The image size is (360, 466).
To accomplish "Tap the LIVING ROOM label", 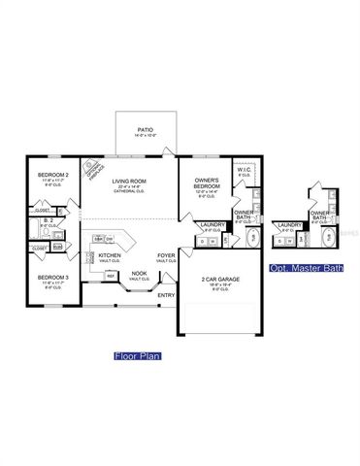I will pos(128,182).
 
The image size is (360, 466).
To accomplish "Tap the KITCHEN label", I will pos(110,256).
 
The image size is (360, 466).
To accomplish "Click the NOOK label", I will pos(139,273).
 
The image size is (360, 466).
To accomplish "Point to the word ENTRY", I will pos(166,295).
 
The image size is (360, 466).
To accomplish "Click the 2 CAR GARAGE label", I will pos(220,280).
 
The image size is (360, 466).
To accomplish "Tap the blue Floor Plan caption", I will pos(137,355).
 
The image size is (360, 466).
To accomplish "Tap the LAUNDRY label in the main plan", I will pos(212,225).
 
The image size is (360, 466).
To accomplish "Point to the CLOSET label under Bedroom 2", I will pos(42,210).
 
